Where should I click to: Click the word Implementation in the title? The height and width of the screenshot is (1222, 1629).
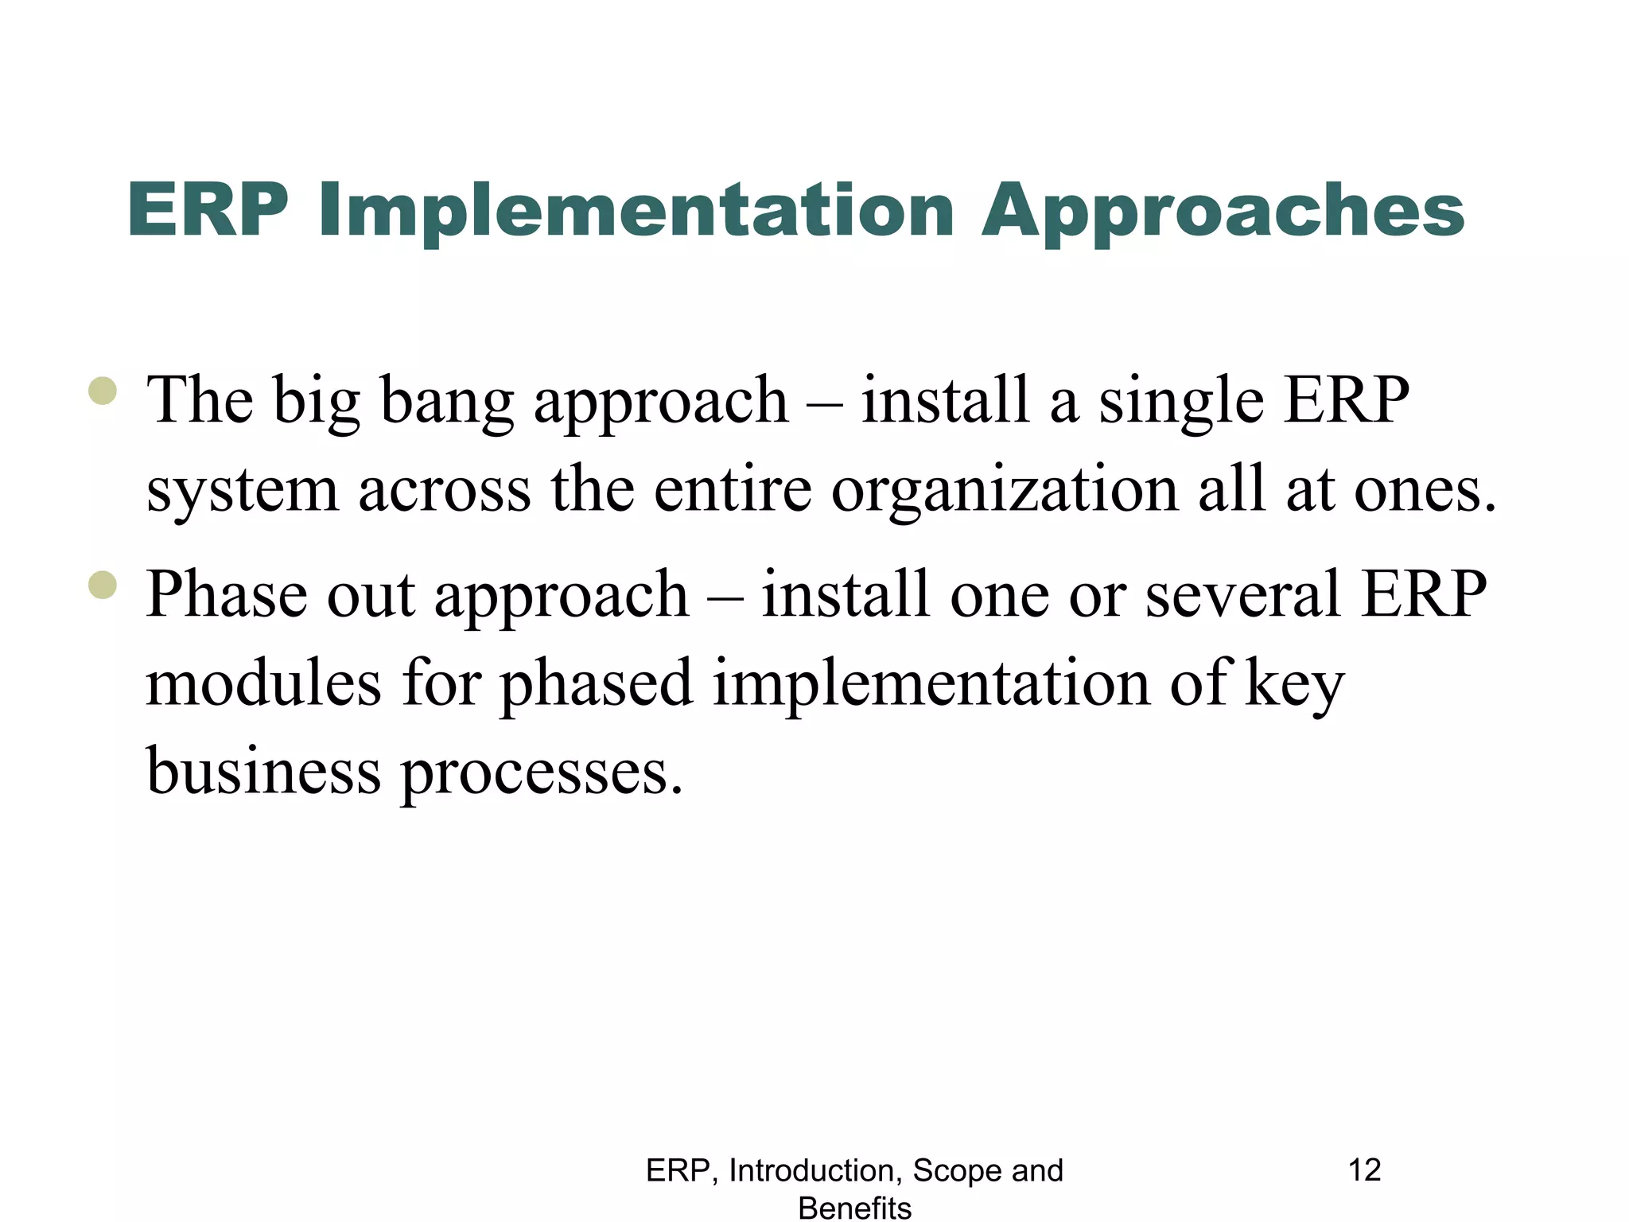(636, 211)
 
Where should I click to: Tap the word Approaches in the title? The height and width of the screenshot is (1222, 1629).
(1223, 211)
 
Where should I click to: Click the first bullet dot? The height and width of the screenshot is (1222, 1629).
(103, 391)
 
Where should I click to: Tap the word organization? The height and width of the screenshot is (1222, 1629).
(1005, 490)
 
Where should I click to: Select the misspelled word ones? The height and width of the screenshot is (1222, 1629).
(1425, 490)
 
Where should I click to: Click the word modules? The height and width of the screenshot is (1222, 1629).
(263, 684)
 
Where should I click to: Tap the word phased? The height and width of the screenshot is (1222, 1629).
(597, 684)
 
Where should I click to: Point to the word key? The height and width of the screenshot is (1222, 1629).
(1294, 684)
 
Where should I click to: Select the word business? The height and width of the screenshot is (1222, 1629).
(263, 772)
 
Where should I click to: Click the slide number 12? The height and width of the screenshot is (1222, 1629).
(1364, 1170)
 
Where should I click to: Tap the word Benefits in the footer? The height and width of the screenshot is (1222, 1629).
(854, 1208)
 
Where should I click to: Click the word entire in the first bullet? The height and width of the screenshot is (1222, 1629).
(733, 490)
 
